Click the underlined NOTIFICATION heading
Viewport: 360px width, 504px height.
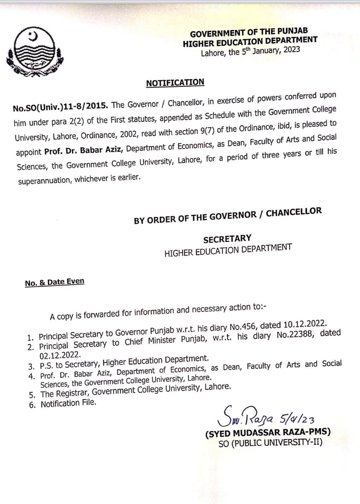tap(175, 83)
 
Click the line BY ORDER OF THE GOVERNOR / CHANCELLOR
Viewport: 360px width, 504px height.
tap(228, 210)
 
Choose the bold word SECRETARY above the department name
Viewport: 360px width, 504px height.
tap(227, 238)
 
